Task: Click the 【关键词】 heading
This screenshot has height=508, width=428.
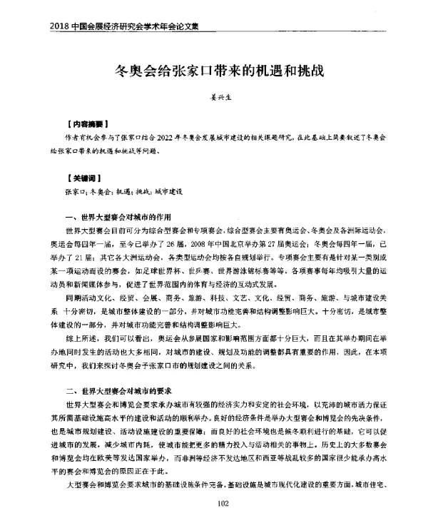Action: coord(80,176)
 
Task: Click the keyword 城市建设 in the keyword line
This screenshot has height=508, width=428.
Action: coord(169,191)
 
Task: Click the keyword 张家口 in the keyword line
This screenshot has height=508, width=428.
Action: coord(75,191)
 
